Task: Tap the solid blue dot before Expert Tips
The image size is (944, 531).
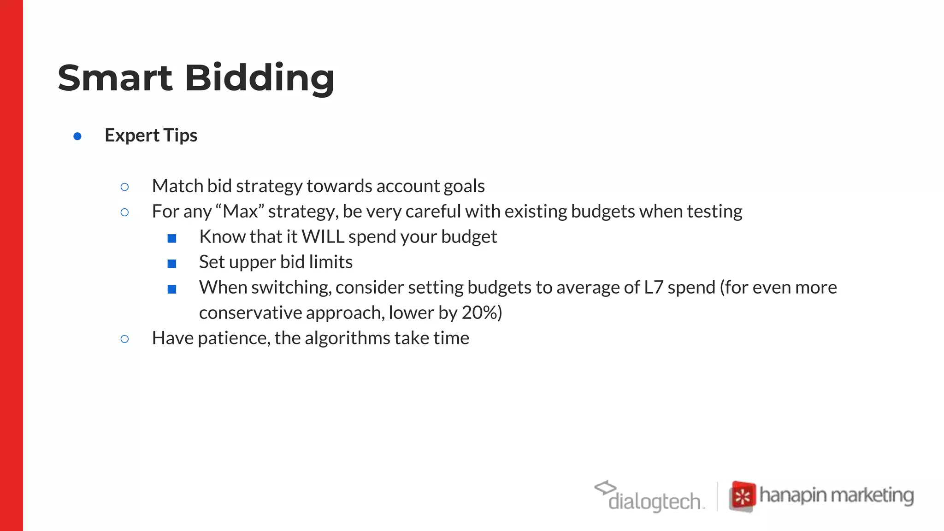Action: (77, 136)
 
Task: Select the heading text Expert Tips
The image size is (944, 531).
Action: (151, 136)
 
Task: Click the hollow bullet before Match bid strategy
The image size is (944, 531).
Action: (124, 187)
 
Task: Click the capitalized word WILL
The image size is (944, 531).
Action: (323, 237)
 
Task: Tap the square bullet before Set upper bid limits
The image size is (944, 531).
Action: (172, 264)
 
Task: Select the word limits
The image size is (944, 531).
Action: (330, 262)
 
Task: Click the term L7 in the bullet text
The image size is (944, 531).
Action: (653, 287)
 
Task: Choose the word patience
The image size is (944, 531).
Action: (233, 338)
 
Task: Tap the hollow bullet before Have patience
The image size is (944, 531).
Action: (124, 339)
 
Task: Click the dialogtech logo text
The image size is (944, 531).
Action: (655, 501)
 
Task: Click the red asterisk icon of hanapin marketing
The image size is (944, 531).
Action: (743, 496)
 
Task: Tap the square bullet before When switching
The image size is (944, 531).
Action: (172, 289)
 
